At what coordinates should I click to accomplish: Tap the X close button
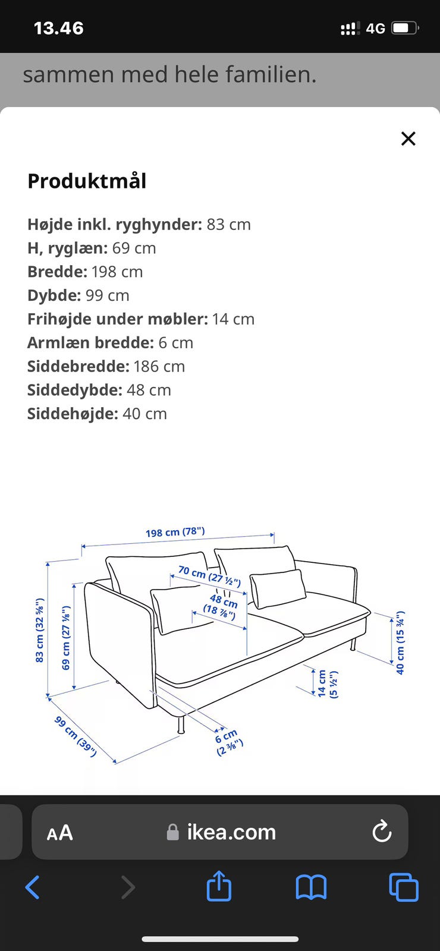(x=408, y=138)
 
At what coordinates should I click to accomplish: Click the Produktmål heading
(x=87, y=181)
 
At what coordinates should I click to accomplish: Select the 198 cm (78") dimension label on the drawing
(x=175, y=532)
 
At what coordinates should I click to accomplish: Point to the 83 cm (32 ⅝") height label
(x=39, y=631)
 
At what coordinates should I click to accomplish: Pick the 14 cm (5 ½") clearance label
(x=327, y=684)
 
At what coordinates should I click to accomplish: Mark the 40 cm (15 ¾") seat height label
(x=400, y=643)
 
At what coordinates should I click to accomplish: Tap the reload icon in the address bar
(x=382, y=832)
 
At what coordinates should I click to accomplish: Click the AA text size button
(x=59, y=832)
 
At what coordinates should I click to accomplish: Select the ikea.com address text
(x=231, y=832)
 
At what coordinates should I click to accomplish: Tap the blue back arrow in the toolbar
(x=33, y=887)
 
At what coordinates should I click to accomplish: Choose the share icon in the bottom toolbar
(x=219, y=886)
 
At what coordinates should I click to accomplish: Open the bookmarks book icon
(x=311, y=887)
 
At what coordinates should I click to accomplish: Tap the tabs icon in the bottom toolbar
(x=404, y=887)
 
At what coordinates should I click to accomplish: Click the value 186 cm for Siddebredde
(x=159, y=366)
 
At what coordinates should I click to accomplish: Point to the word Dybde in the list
(x=54, y=295)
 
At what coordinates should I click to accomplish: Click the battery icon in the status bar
(x=406, y=28)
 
